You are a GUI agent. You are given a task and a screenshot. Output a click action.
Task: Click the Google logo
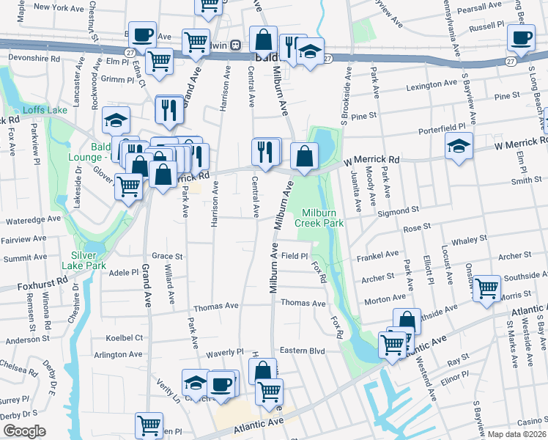click(24, 431)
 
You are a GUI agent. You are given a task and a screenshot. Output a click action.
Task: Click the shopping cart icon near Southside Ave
click(486, 287)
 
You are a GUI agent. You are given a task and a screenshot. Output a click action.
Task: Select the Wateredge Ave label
click(34, 219)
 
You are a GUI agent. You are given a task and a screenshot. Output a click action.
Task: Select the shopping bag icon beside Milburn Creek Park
click(304, 155)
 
